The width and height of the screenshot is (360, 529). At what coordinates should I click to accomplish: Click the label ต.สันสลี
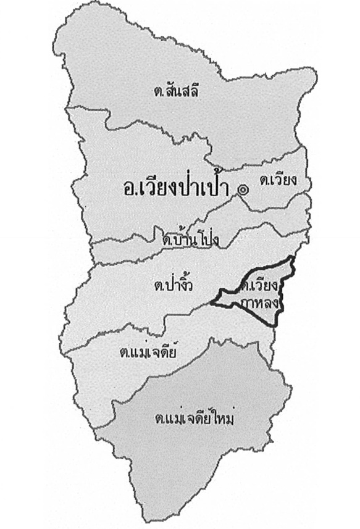click(180, 91)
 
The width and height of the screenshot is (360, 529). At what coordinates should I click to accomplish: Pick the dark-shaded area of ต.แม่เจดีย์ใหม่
click(198, 457)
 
